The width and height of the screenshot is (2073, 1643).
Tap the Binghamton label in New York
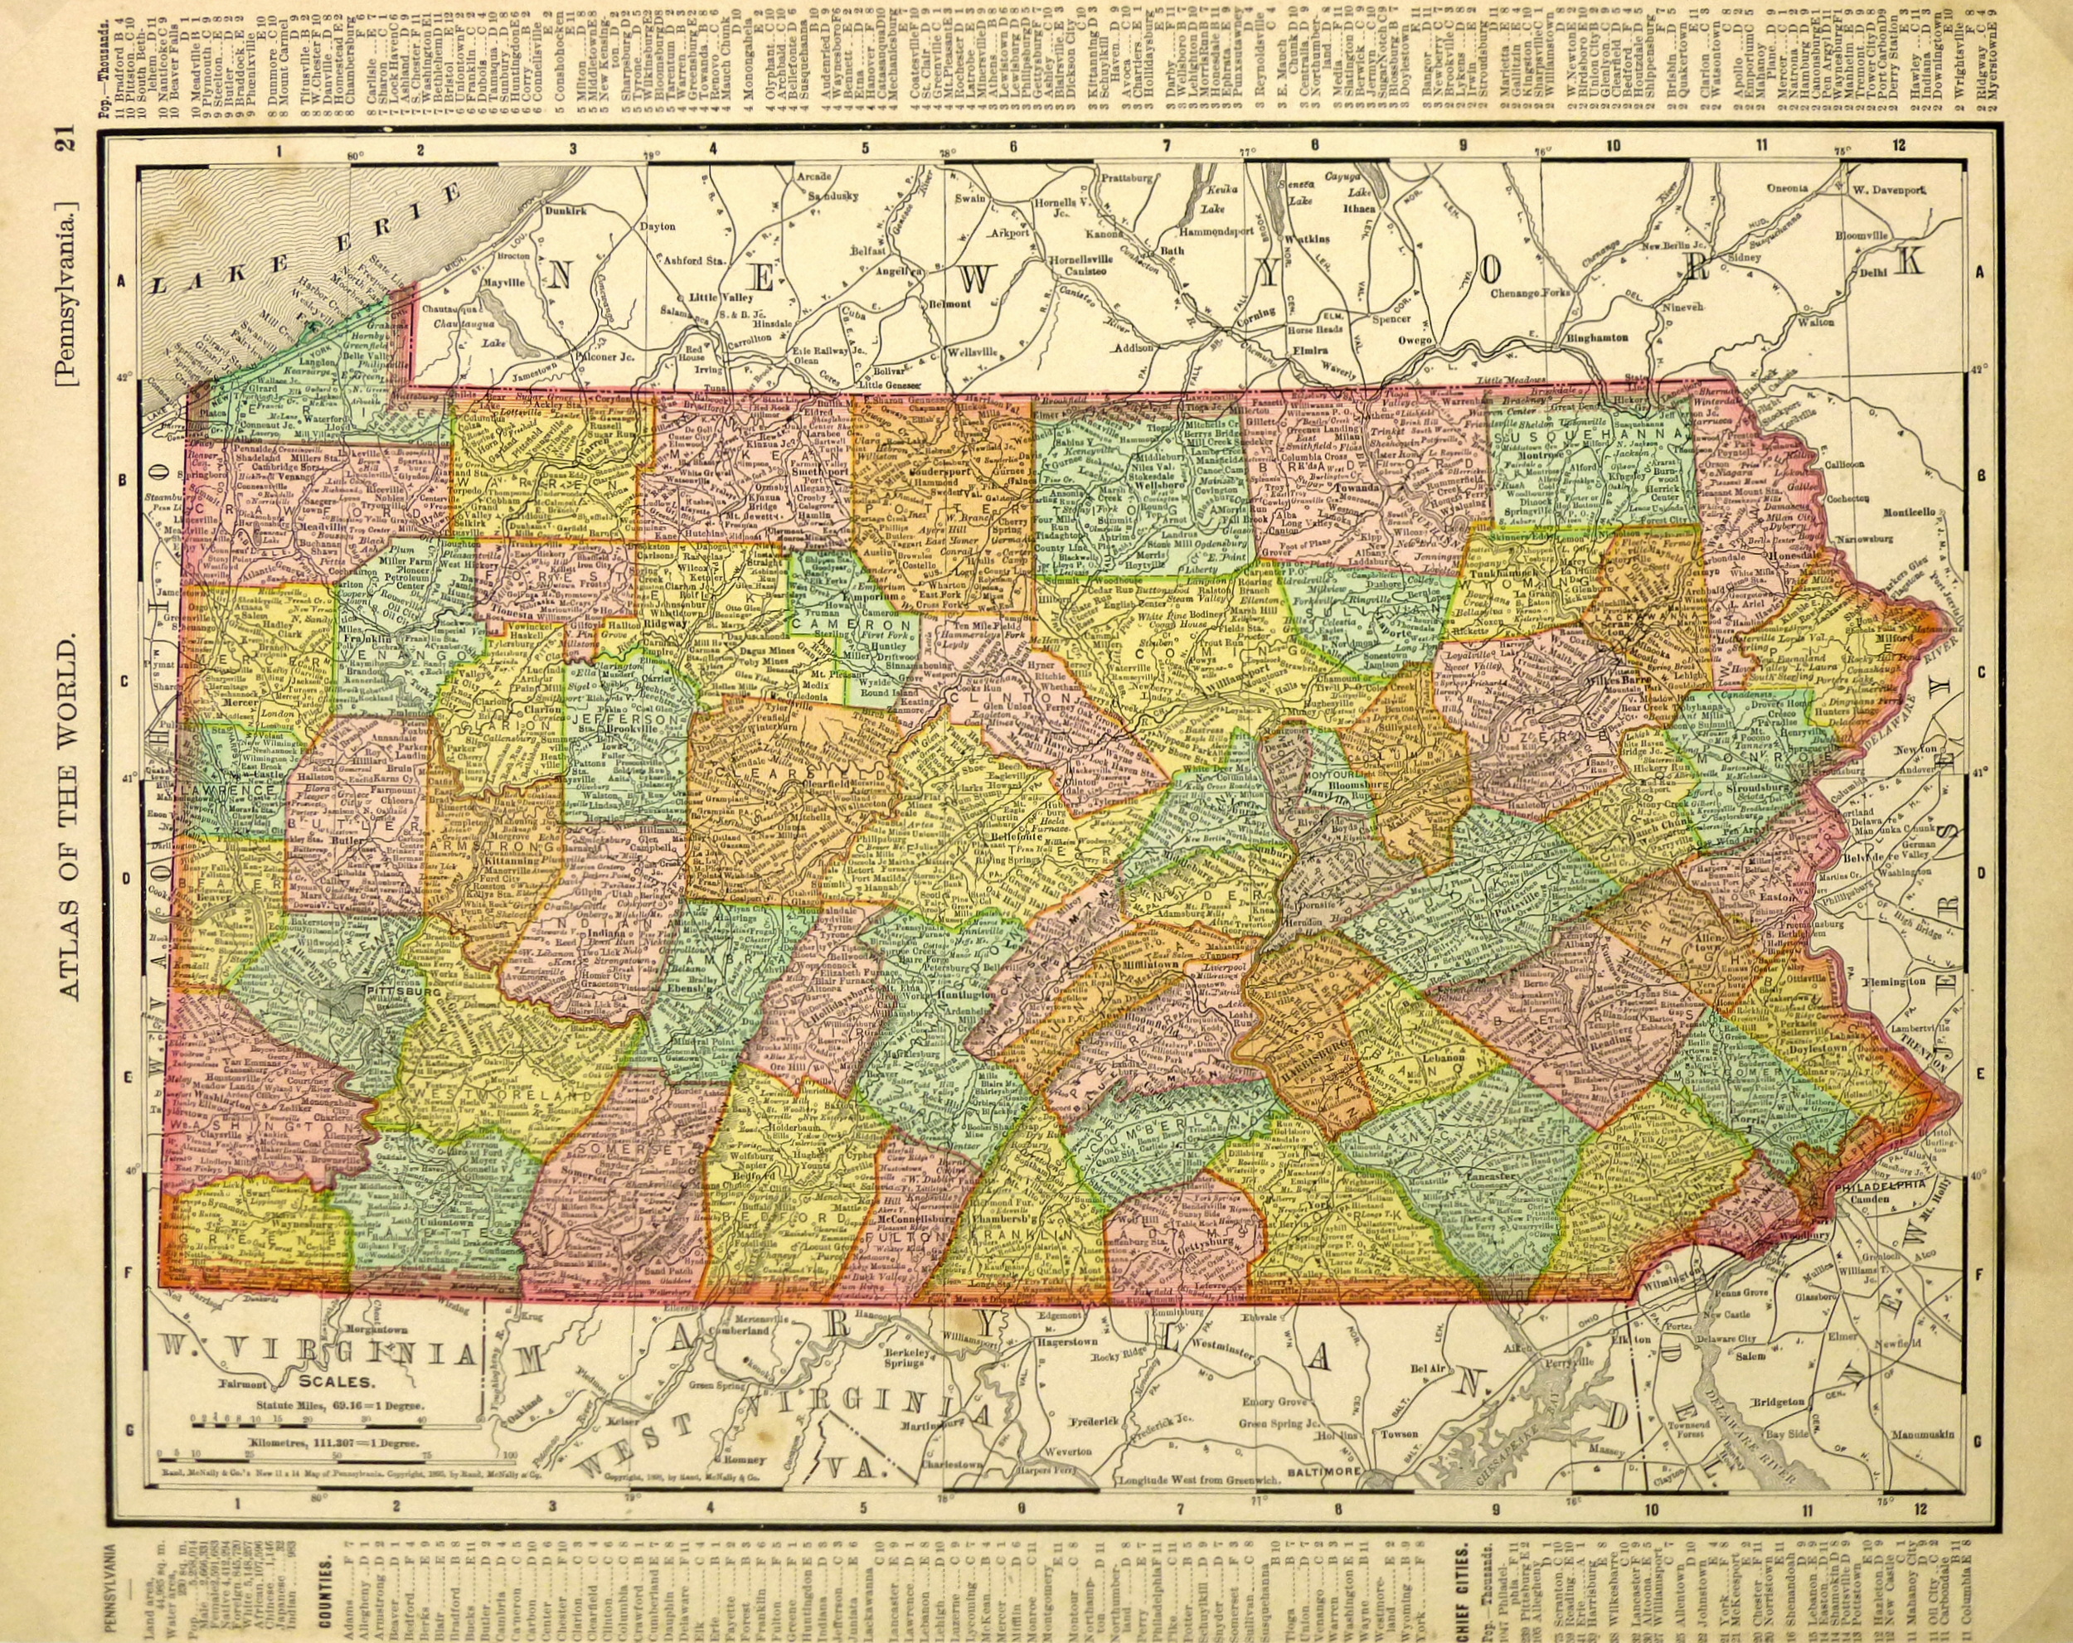point(1595,338)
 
